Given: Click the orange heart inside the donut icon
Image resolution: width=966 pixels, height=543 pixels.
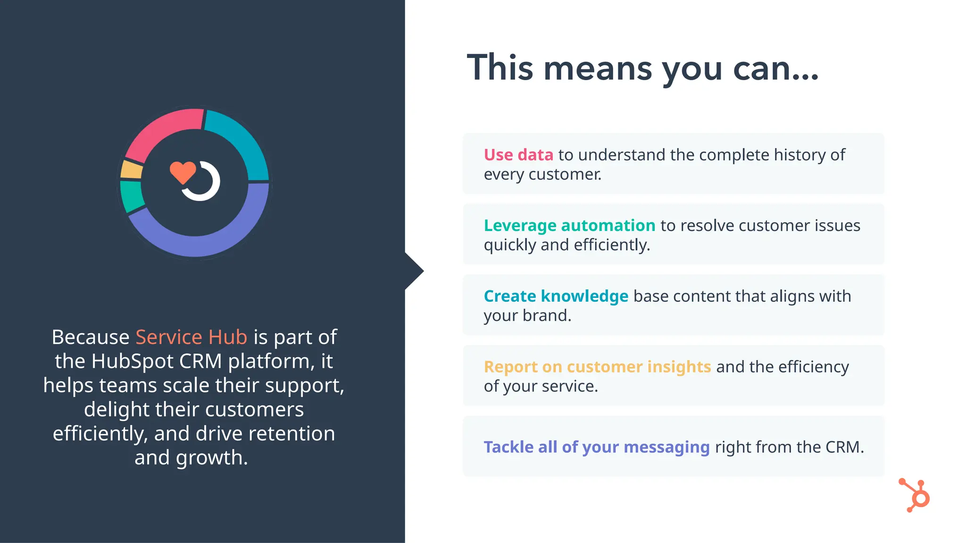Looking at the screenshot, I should (183, 172).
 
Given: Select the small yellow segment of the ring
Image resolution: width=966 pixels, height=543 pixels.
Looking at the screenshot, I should (132, 170).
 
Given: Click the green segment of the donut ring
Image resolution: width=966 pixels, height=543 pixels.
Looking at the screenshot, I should (132, 196).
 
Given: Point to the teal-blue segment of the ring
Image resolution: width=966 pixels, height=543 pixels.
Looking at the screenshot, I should (241, 141).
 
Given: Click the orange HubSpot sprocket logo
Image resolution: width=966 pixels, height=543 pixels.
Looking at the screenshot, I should (915, 495).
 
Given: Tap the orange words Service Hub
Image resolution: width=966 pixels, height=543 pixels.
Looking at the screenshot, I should (191, 337).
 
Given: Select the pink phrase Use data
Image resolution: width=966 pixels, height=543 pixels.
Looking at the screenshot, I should (518, 155).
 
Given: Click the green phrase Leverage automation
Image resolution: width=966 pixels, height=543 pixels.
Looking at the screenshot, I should (569, 225).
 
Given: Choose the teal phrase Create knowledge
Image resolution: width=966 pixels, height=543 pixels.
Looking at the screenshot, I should (556, 296).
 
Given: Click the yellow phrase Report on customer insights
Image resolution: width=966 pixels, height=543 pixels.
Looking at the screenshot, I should (597, 367).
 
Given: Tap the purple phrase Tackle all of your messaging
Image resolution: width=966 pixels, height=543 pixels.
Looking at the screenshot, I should (596, 447).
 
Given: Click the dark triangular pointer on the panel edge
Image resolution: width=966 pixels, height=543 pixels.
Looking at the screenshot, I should (413, 271).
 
